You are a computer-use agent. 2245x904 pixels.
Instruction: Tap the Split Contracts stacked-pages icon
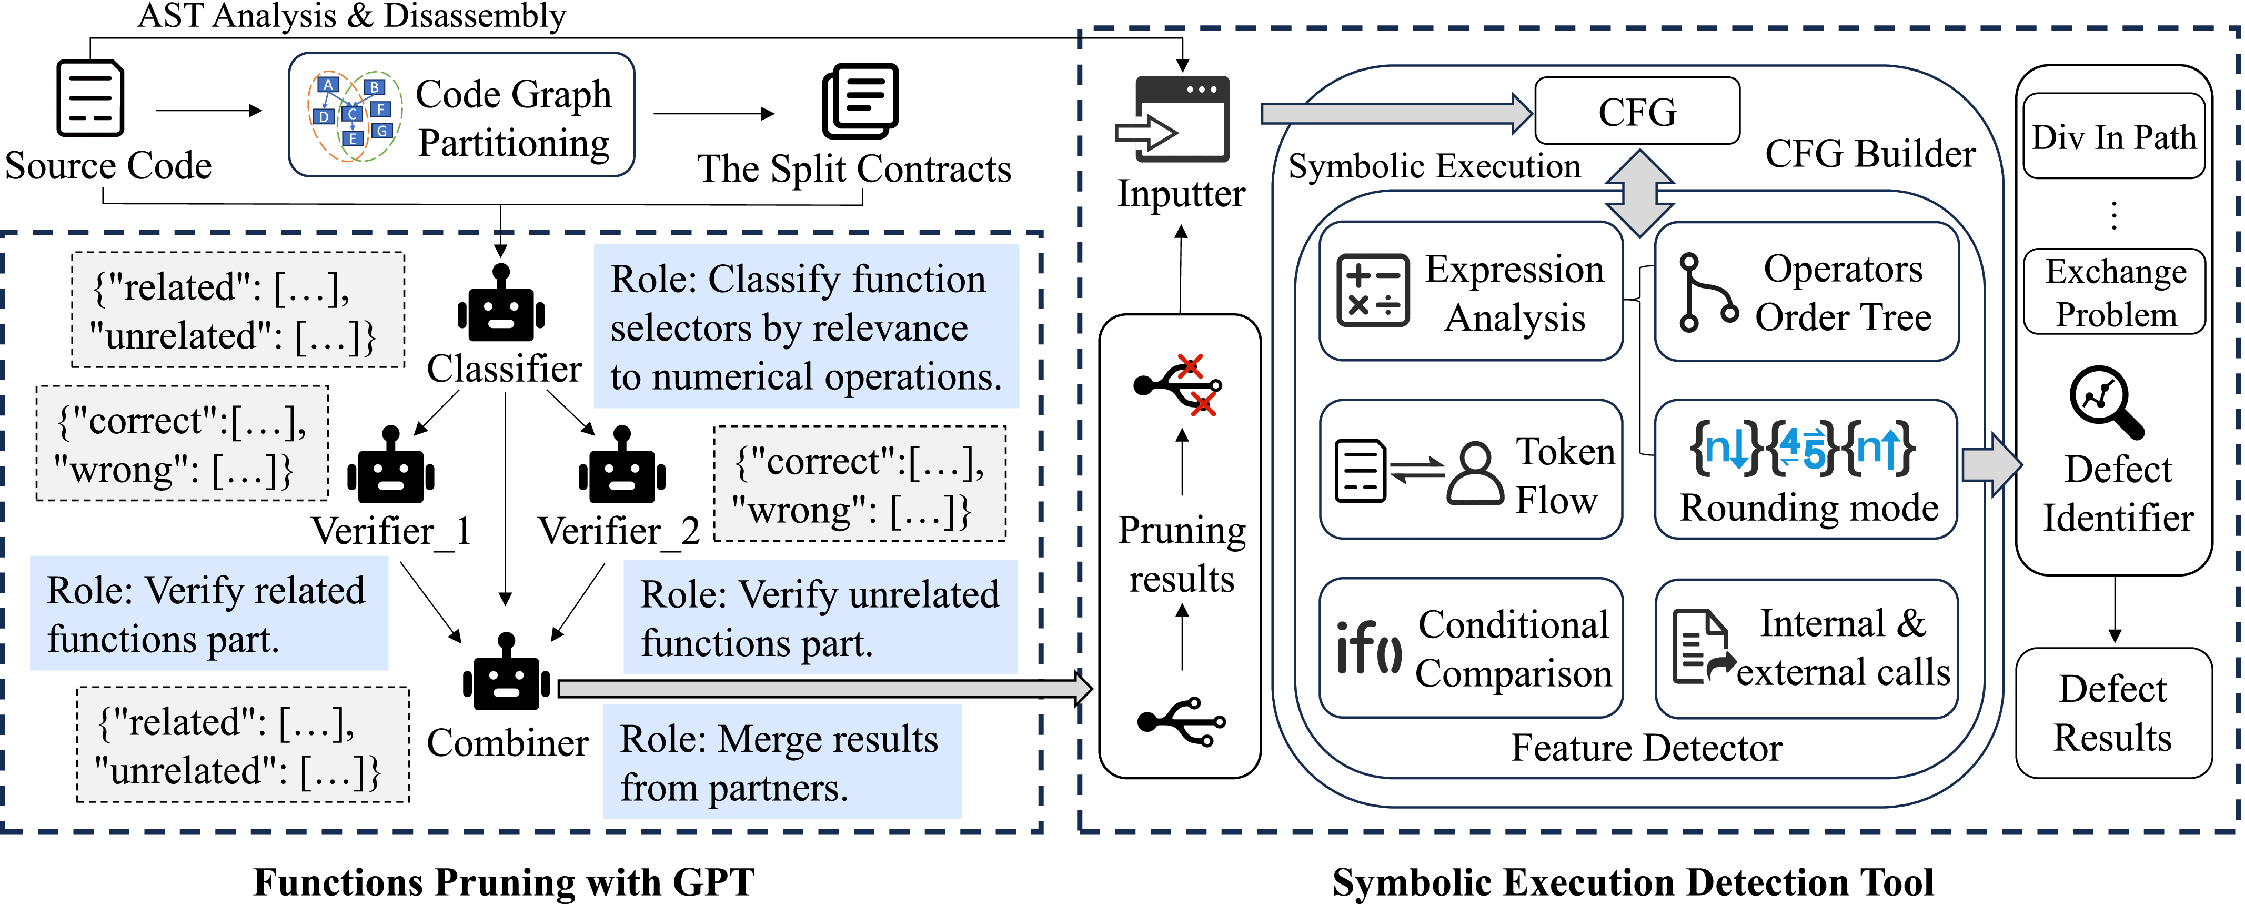860,100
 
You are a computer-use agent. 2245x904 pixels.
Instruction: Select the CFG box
1637,111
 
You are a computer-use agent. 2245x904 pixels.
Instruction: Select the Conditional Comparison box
1471,649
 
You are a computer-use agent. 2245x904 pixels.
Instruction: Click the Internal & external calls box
1807,649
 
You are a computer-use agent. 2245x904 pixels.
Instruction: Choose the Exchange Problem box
2115,292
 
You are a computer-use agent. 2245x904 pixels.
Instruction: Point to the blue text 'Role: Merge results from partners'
781,762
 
